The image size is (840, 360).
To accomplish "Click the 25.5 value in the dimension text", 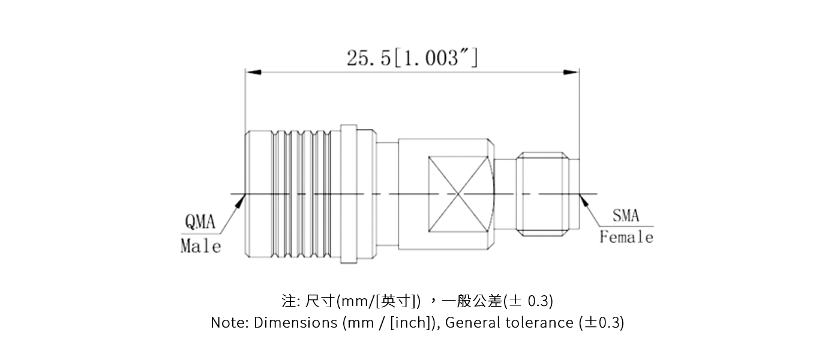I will (368, 58).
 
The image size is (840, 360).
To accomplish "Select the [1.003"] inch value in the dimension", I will (435, 58).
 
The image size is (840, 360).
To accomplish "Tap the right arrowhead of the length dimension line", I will (571, 73).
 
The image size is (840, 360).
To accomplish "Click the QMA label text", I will (200, 223).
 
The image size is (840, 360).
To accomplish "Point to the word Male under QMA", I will (201, 246).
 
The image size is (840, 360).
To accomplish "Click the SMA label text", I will (626, 215).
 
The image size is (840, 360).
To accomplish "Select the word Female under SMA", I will (626, 238).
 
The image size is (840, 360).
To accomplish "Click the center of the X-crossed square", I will (458, 194).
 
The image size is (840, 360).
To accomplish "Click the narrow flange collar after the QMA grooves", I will (349, 194).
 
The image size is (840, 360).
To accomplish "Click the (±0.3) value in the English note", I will (602, 323).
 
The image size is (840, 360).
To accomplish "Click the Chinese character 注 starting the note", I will (287, 300).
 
